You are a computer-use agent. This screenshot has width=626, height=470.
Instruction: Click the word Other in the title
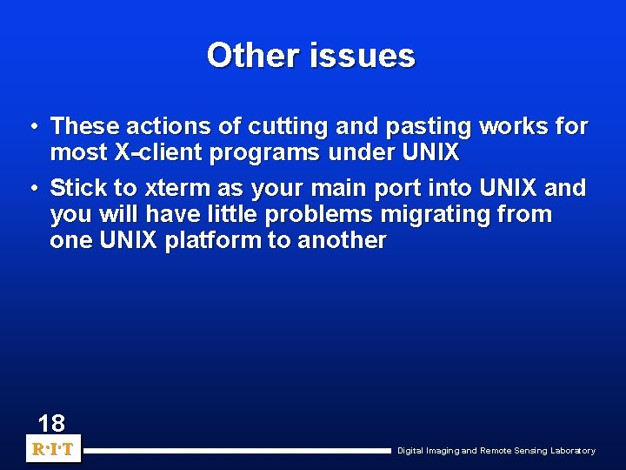247,56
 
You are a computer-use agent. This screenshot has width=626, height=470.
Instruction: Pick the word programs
253,153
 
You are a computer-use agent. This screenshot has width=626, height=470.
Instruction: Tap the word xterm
165,188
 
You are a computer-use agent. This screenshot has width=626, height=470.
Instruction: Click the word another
342,240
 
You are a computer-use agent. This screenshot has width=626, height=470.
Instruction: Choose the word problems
319,214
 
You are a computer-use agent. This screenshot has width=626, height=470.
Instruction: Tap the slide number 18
51,424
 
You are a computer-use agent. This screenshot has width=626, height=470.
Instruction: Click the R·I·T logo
53,450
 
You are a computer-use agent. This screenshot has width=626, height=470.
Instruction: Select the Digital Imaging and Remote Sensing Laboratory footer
496,451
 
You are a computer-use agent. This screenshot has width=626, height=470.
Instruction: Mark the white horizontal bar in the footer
236,451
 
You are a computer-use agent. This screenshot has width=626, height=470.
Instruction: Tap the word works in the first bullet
514,127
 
